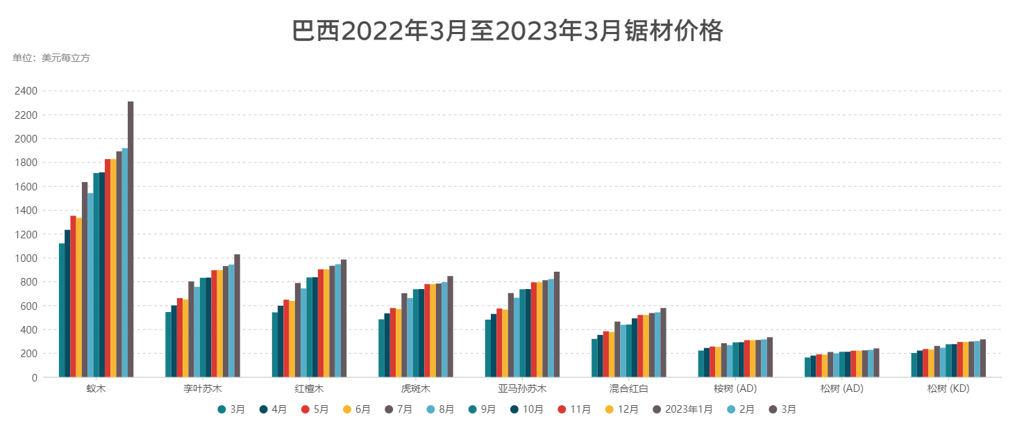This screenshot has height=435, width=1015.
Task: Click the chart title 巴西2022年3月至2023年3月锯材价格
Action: pos(507,31)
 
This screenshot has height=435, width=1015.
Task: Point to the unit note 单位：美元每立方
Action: pos(51,58)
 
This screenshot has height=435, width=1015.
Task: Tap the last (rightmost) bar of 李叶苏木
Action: pos(237,315)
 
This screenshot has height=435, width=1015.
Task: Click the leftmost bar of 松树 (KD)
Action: pos(914,365)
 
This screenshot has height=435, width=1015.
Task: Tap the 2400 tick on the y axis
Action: pos(29,91)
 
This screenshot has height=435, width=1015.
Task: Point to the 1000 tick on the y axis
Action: pos(29,258)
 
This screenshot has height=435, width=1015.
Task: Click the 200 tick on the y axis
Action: pos(31,354)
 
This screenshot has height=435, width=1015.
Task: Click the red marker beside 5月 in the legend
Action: pos(305,410)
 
